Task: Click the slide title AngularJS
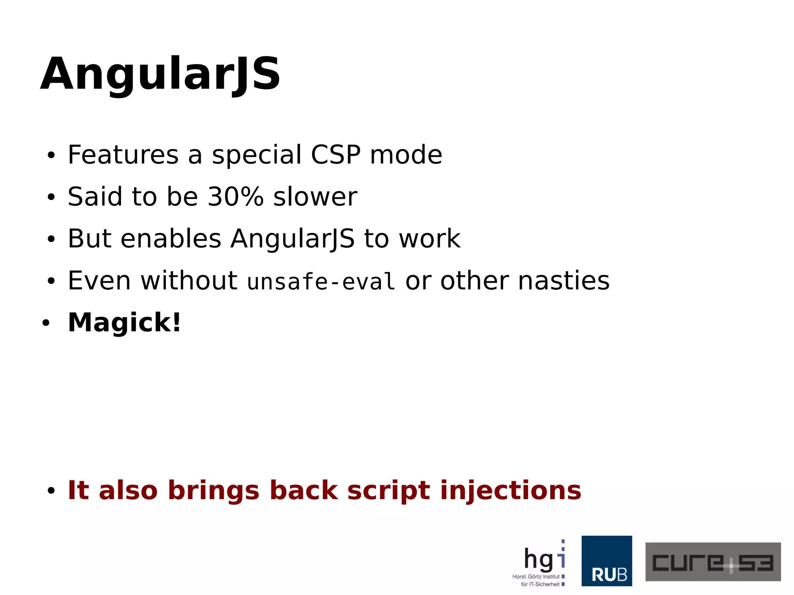coord(160,74)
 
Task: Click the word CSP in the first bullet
coord(336,155)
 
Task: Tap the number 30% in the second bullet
coord(236,197)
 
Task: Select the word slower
coord(315,197)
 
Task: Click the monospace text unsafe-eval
coord(321,281)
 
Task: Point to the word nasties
coord(564,280)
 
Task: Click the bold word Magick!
coord(124,323)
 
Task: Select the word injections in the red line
coord(511,490)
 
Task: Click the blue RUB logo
coord(606,561)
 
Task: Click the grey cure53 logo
coord(713,562)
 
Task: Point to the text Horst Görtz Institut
coord(536,576)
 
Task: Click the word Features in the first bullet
coord(123,155)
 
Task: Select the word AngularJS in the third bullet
coord(292,238)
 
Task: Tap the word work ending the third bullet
coord(430,238)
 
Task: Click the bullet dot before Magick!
coord(46,323)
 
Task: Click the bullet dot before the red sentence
coord(51,491)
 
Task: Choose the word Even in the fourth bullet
coord(99,280)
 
